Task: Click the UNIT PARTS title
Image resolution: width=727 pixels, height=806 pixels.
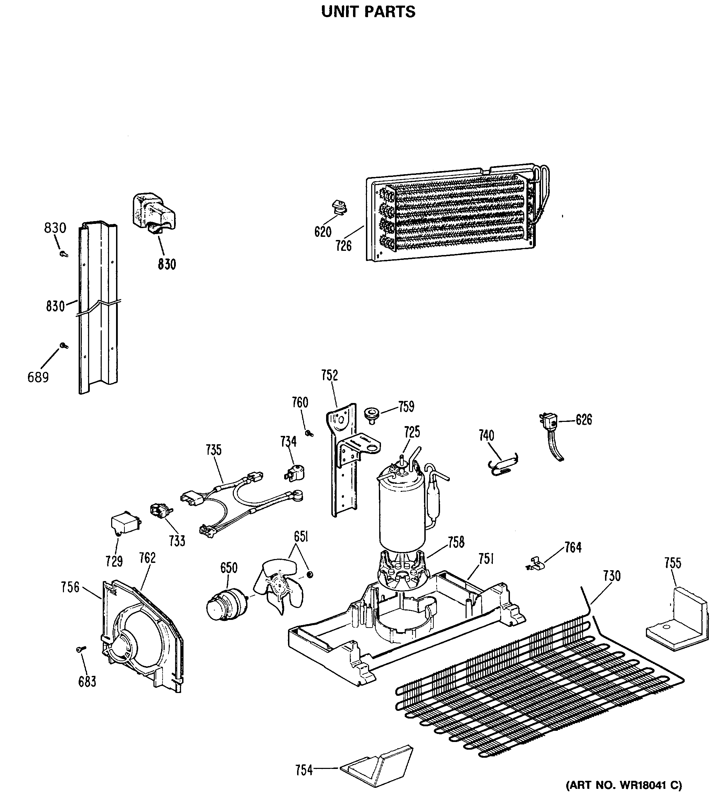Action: click(x=368, y=12)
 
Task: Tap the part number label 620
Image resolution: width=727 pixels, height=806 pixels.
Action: click(x=323, y=232)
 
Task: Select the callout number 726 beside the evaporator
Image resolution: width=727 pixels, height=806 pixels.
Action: click(x=344, y=246)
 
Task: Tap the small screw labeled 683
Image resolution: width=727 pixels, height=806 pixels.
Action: click(x=80, y=649)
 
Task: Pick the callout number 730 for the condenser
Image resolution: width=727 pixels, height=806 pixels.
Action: click(x=612, y=576)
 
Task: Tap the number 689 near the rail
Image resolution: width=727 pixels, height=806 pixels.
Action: click(x=38, y=377)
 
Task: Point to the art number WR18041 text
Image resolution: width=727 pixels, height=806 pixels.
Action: click(x=624, y=784)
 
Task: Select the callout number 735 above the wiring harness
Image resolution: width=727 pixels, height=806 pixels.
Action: click(x=214, y=450)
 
